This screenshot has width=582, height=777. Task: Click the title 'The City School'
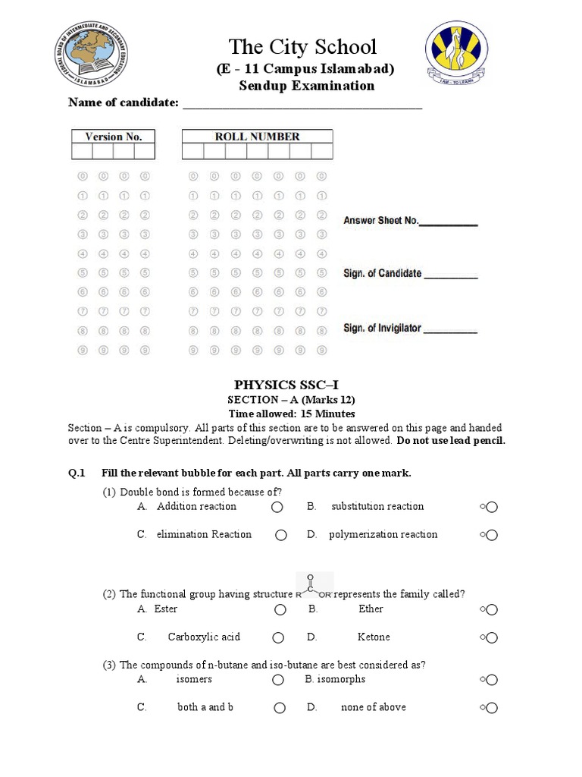[302, 47]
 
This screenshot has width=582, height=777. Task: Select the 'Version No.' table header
[113, 137]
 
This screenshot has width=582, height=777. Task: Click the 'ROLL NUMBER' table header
[257, 137]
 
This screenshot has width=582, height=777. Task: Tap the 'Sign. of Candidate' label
[382, 273]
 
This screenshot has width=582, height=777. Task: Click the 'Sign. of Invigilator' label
[382, 329]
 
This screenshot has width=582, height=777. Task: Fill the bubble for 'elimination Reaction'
[281, 535]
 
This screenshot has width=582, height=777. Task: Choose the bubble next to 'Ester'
[280, 609]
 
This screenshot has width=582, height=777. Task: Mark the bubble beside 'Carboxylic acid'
[279, 637]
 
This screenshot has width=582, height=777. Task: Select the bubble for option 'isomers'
[279, 680]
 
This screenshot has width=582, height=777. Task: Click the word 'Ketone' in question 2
[374, 637]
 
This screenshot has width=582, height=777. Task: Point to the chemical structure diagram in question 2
[311, 586]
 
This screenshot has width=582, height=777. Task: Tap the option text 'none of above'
[373, 707]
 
